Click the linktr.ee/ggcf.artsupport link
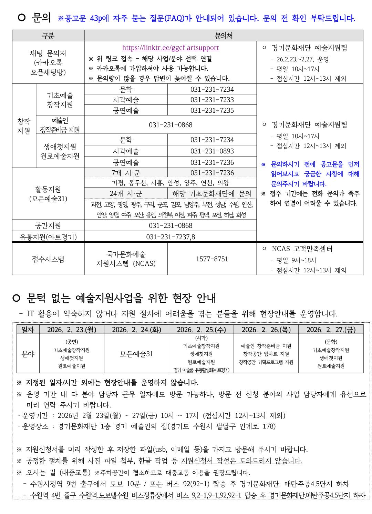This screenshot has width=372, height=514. tap(170, 48)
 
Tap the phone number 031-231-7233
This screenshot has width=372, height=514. tap(212, 100)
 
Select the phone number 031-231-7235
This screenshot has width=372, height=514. tap(212, 110)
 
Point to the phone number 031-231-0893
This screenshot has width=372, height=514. tap(212, 151)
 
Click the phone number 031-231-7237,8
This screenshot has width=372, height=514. tap(170, 237)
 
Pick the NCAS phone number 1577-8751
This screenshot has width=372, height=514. tap(212, 259)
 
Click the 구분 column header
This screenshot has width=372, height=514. tap(48, 36)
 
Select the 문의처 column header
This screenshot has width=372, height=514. tap(224, 36)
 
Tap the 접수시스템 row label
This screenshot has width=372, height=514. tap(48, 259)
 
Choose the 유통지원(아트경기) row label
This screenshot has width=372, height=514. tap(48, 237)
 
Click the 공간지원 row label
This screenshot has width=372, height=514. tap(48, 226)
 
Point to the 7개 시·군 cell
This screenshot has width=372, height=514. tap(126, 173)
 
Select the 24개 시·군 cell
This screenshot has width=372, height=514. tap(126, 193)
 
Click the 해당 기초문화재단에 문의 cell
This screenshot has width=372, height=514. tap(212, 193)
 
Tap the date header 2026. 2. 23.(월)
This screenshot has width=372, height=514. tap(72, 330)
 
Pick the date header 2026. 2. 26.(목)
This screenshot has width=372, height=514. tap(266, 330)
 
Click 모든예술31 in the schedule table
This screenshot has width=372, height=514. tap(136, 354)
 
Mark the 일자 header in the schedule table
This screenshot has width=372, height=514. tap(28, 330)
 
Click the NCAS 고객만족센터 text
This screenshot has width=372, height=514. tap(302, 249)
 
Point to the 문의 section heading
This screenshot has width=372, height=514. tap(41, 17)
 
